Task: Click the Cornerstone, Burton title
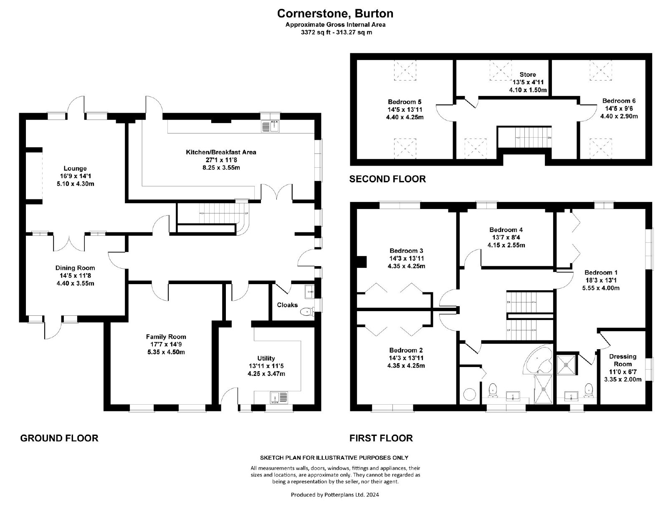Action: point(335,13)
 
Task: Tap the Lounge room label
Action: point(75,168)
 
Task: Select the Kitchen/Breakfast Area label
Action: point(221,152)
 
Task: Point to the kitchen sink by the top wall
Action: point(270,126)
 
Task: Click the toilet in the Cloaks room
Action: point(307,311)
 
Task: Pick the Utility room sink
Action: point(279,397)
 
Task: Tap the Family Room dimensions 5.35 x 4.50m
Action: point(166,352)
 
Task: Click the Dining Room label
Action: point(75,268)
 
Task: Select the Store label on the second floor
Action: point(528,75)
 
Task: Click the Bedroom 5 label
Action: point(405,102)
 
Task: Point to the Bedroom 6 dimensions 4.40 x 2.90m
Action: point(619,116)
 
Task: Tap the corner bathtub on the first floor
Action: point(539,360)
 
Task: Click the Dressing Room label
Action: point(622,360)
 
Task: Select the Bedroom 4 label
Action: point(506,229)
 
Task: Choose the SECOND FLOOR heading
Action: point(387,179)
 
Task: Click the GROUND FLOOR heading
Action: point(59,438)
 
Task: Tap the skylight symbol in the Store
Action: point(500,70)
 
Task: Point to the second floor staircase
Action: point(524,137)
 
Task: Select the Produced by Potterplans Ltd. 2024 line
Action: point(335,495)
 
